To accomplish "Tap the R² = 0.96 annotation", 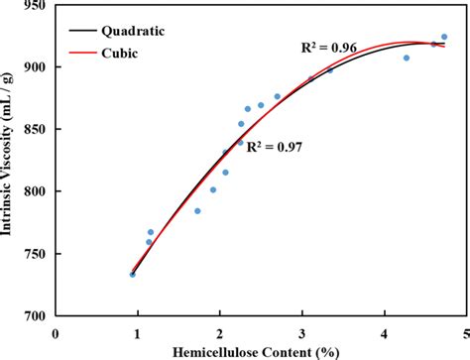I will pyautogui.click(x=328, y=47).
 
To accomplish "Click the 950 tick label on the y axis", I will pyautogui.click(x=37, y=6).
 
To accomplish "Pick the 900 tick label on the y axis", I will pyautogui.click(x=37, y=67).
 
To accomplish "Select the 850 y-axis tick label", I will pyautogui.click(x=37, y=130).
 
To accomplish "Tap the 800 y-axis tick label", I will pyautogui.click(x=37, y=191).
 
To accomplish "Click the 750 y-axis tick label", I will pyautogui.click(x=37, y=254).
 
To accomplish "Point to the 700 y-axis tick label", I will pyautogui.click(x=37, y=315).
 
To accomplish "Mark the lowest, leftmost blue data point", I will pyautogui.click(x=132, y=274).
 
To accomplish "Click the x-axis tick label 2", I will pyautogui.click(x=219, y=333).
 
